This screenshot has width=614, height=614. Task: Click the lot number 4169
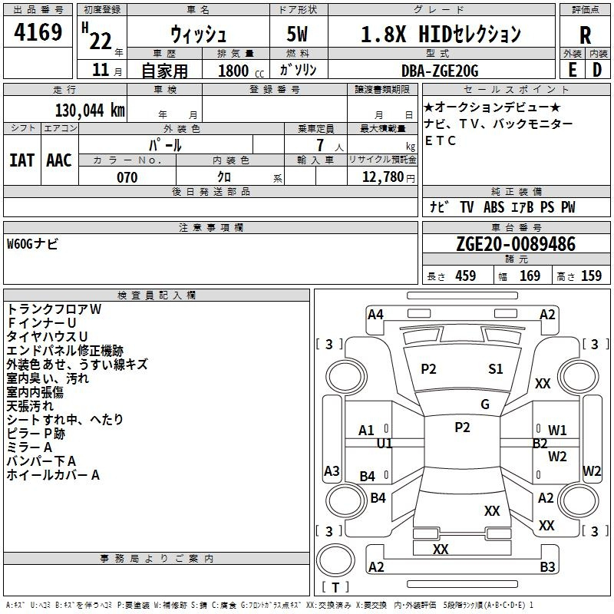[x=38, y=31]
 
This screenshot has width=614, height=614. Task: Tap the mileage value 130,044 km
[x=90, y=111]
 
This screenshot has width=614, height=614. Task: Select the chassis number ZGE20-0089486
[x=516, y=244]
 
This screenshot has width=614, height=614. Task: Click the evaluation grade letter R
[x=585, y=35]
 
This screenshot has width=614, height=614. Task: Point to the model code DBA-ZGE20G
[x=440, y=71]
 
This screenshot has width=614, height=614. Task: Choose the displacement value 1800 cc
[x=241, y=71]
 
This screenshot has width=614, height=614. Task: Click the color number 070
[x=127, y=177]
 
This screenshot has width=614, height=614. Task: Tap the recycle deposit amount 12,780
[x=383, y=177]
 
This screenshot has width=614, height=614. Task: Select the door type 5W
[x=297, y=34]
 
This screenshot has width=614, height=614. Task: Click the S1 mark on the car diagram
[x=495, y=368]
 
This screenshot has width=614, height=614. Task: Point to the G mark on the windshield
[x=485, y=404]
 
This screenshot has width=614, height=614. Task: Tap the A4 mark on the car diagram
[x=375, y=315]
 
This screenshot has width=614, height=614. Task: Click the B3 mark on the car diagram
[x=547, y=566]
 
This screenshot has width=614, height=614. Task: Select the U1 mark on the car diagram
[x=385, y=444]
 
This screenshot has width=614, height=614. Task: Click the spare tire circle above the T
[x=335, y=560]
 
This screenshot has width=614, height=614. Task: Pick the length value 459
[x=466, y=276]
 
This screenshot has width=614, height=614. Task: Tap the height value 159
[x=591, y=276]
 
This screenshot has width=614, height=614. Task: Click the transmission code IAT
[x=21, y=160]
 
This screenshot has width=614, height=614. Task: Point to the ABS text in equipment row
[x=494, y=207]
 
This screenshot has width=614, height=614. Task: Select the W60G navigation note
[x=32, y=244]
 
